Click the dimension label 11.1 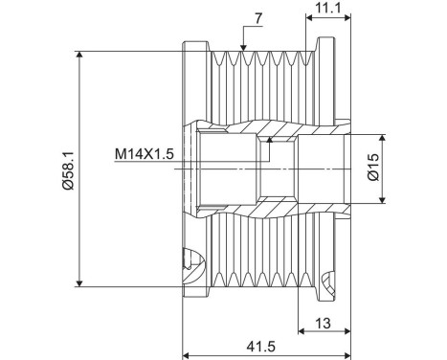[327, 9]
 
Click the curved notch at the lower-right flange [330, 281]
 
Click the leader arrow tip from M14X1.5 [272, 140]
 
